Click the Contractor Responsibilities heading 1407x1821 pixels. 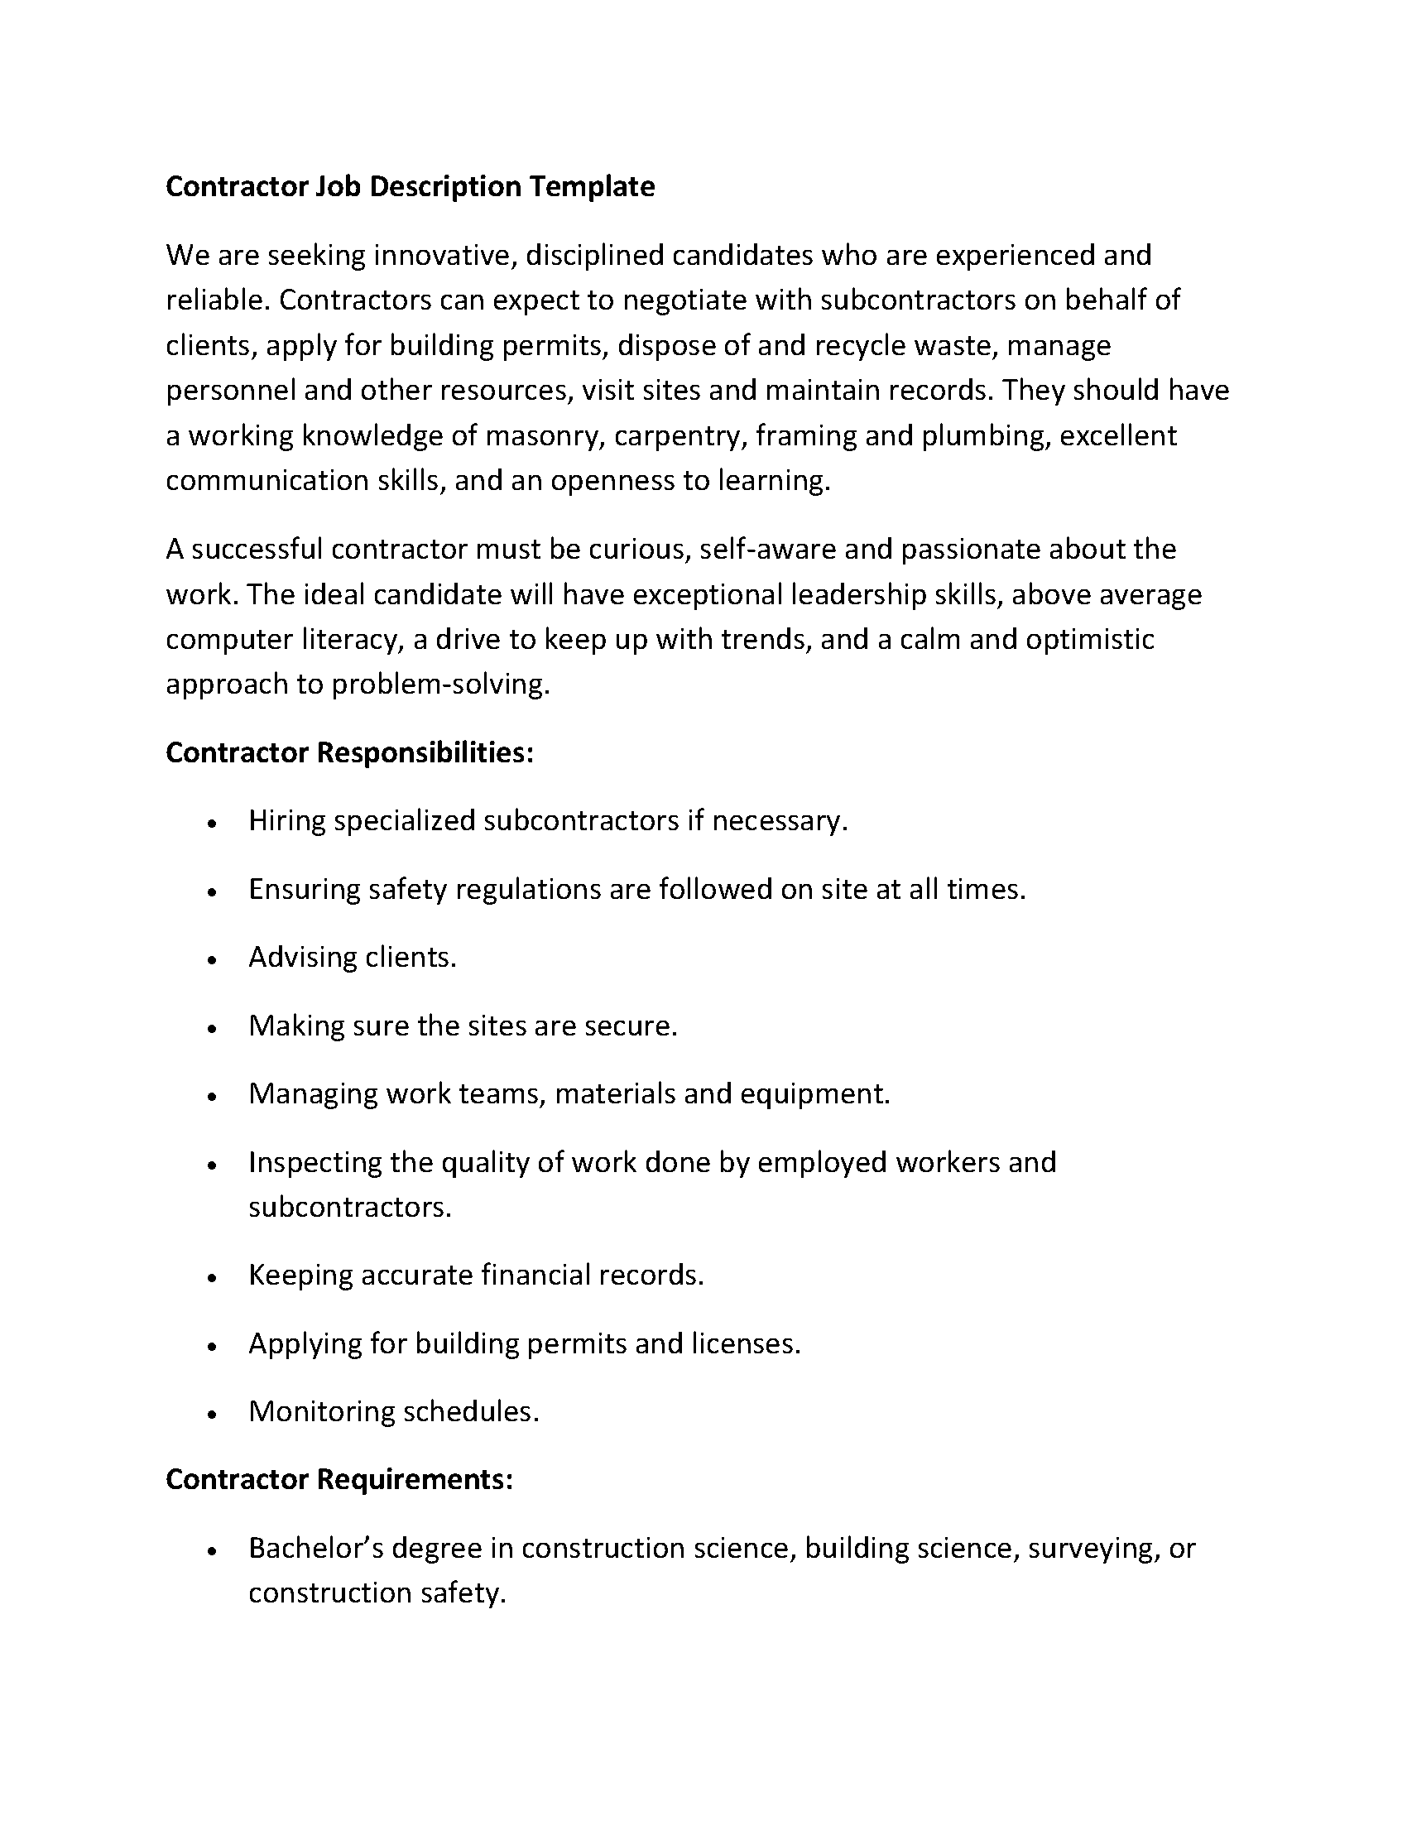pyautogui.click(x=349, y=753)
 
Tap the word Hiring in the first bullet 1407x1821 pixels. pyautogui.click(x=286, y=821)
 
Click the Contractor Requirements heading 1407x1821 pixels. pyautogui.click(x=339, y=1480)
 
